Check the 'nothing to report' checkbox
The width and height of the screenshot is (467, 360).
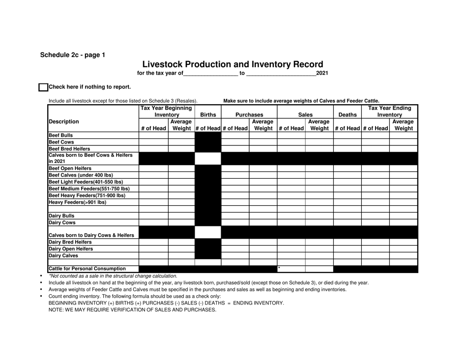point(43,87)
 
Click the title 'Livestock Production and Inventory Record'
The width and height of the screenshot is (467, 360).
point(233,64)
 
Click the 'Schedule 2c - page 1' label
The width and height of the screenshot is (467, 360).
point(72,55)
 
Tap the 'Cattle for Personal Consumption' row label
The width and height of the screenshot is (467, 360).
point(87,269)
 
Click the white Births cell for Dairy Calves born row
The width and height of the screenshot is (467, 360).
point(208,232)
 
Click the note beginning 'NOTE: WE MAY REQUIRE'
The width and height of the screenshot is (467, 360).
point(132,309)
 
